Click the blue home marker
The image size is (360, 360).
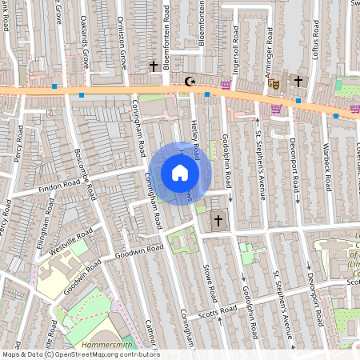click(180, 172)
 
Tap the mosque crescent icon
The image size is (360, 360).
click(190, 81)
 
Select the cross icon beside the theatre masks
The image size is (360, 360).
click(298, 81)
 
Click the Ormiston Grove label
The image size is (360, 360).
click(122, 43)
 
